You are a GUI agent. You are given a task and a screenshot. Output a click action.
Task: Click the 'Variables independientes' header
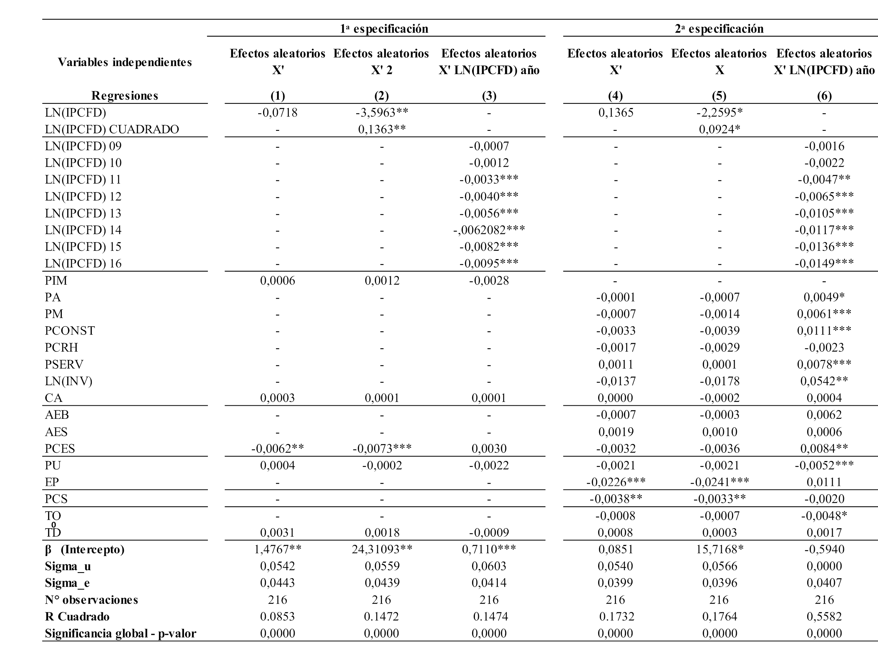[x=125, y=62]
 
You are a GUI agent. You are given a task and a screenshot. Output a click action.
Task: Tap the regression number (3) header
[x=489, y=96]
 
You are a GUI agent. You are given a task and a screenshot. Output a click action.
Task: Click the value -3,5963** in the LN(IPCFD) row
[x=381, y=113]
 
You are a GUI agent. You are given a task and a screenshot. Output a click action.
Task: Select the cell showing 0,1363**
[x=381, y=129]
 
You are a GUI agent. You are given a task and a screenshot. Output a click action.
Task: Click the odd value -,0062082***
[x=489, y=230]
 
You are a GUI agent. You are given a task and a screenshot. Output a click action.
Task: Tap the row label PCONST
[x=70, y=330]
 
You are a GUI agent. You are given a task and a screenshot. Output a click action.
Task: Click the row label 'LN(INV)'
[x=68, y=381]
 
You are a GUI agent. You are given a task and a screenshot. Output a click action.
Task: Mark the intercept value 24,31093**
[x=381, y=549]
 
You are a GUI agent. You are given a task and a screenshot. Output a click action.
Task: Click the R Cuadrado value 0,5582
[x=824, y=616]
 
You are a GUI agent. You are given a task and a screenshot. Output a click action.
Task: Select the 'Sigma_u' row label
[x=68, y=566]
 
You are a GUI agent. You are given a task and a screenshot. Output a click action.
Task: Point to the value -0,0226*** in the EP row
[x=615, y=482]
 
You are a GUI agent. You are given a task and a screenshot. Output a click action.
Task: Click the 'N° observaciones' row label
[x=91, y=599]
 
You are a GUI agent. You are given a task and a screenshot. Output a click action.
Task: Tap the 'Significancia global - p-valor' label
[x=120, y=633]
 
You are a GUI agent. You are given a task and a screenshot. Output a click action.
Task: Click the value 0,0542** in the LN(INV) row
[x=824, y=381]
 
